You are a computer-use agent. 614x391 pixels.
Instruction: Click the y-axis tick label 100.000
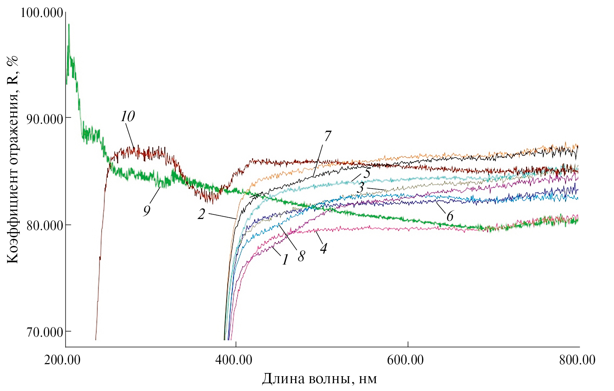(42, 13)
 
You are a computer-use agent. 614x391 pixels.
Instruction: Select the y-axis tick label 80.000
(45, 225)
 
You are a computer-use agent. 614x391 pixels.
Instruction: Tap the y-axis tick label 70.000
(45, 332)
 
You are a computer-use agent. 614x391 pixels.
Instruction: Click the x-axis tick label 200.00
(62, 360)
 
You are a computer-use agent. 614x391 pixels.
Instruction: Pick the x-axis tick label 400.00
(234, 360)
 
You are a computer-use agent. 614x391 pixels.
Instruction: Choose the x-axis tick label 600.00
(405, 360)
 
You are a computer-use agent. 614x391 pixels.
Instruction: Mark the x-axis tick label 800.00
(577, 360)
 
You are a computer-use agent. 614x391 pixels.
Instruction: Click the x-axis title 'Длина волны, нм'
(319, 379)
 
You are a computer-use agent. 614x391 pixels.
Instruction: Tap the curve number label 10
(128, 117)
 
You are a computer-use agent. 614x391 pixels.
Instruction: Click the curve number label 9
(147, 211)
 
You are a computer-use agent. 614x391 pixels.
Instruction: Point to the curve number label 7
(327, 136)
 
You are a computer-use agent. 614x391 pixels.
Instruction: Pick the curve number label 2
(201, 214)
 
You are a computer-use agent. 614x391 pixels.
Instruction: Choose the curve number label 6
(450, 216)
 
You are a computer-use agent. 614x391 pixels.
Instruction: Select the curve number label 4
(323, 248)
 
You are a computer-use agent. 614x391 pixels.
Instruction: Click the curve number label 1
(285, 260)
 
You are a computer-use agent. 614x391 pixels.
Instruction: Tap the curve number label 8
(301, 256)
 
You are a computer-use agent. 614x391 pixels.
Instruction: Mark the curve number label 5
(367, 173)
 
